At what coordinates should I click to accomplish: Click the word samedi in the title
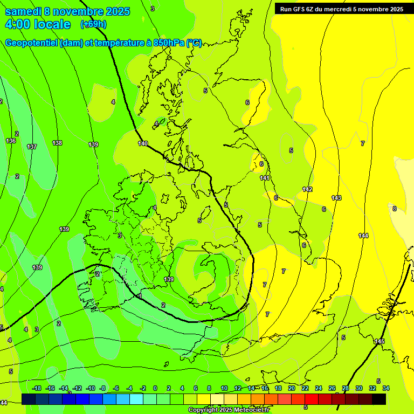click(22, 11)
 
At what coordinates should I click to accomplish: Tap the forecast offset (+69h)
click(93, 24)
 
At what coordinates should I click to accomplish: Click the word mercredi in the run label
click(335, 9)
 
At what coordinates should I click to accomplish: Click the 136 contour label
click(11, 141)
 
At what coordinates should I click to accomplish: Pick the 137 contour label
click(32, 147)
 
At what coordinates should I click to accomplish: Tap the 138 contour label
click(57, 143)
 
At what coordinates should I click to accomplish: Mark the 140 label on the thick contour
click(143, 143)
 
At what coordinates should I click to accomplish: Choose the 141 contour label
click(265, 178)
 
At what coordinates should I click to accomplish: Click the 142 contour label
click(307, 189)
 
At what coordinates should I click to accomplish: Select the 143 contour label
click(336, 198)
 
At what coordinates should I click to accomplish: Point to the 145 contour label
click(379, 342)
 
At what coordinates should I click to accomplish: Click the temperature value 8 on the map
click(394, 209)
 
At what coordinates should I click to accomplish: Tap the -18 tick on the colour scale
click(37, 388)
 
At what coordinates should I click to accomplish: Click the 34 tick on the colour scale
click(386, 388)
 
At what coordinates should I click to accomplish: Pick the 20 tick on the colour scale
click(292, 388)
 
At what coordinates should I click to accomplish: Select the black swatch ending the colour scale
click(379, 398)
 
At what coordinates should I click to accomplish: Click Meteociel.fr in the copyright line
click(250, 410)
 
